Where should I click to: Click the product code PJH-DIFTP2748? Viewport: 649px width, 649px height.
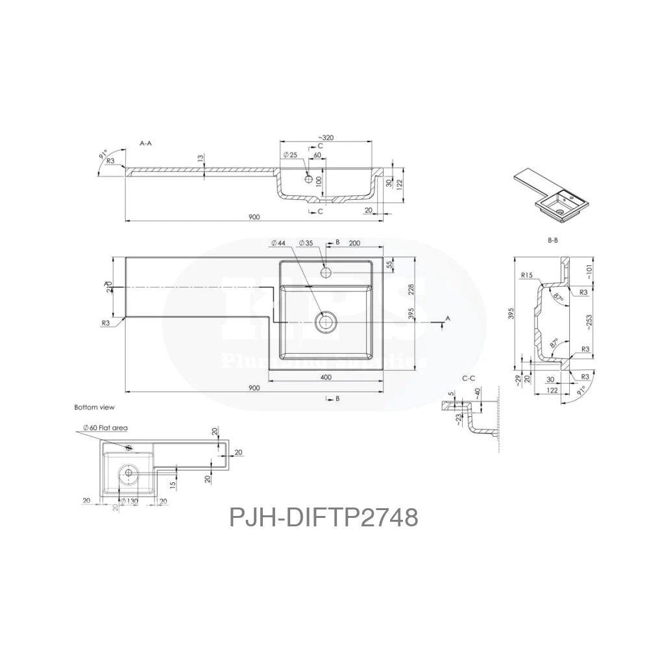[x=323, y=518]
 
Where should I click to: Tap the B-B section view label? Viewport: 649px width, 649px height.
[x=553, y=240]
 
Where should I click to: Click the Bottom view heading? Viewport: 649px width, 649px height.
[x=94, y=408]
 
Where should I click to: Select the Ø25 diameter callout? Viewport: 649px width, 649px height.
[x=290, y=156]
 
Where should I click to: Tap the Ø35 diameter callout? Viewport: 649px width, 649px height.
[x=306, y=243]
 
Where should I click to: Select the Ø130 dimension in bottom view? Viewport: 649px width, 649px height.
[x=129, y=500]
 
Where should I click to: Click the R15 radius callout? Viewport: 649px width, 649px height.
[x=527, y=275]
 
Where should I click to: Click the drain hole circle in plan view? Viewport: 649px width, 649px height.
[x=326, y=320]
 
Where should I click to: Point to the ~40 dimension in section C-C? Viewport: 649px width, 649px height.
[x=478, y=393]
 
